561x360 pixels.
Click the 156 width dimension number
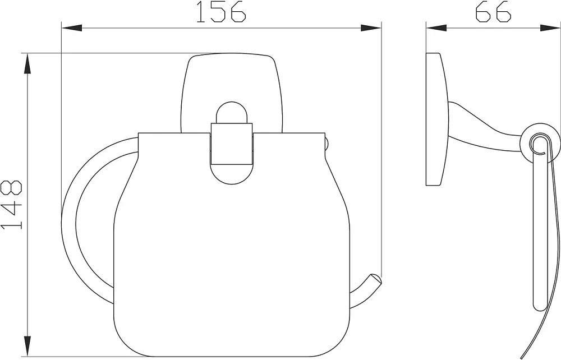pos(222,12)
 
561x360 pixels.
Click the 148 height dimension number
pos(11,205)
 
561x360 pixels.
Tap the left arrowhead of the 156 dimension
pos(72,28)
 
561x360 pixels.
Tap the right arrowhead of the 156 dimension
pos(371,28)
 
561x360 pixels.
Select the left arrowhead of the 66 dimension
pos(436,28)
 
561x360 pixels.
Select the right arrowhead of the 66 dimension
pos(550,28)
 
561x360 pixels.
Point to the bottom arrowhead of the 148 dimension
pos(27,346)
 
